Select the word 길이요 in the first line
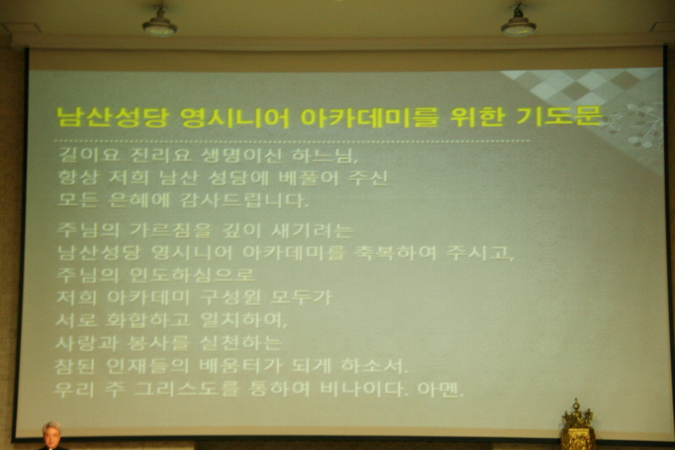point(83,157)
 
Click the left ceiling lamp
point(159,23)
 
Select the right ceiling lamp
point(518,23)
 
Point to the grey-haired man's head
point(51,433)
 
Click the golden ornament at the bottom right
point(578,426)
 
